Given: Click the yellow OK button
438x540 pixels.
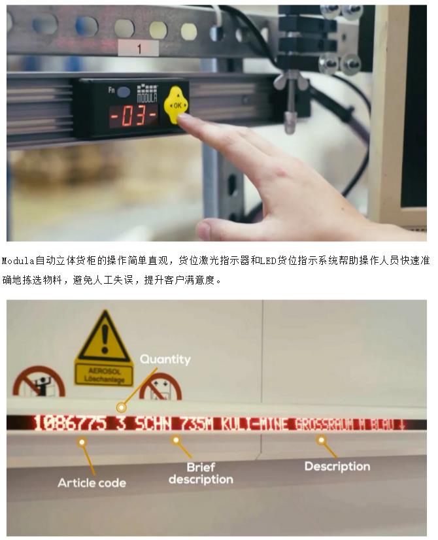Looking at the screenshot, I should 177,105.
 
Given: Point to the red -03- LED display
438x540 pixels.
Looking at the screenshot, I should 133,115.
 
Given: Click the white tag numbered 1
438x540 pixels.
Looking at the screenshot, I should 139,48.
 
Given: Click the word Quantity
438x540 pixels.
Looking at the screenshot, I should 165,360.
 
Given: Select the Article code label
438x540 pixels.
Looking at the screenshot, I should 92,483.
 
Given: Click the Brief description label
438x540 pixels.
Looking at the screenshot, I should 201,473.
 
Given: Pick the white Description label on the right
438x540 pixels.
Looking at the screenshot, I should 337,466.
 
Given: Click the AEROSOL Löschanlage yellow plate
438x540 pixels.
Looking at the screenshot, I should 104,374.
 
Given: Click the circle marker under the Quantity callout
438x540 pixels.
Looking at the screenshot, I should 121,407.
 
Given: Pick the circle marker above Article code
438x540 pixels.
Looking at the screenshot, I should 82,442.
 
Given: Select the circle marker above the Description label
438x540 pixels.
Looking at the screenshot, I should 321,440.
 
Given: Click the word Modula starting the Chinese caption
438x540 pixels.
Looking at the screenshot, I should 18,261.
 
